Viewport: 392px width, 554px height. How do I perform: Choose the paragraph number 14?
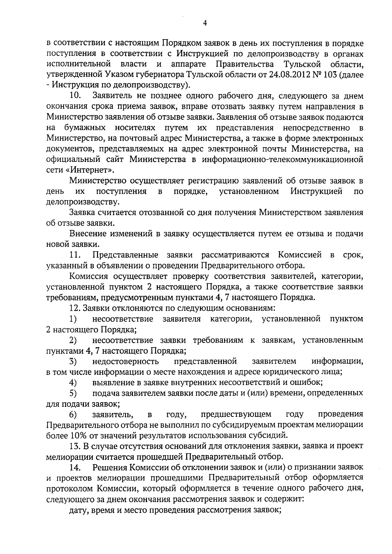75,467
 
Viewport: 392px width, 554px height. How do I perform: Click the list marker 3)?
73,361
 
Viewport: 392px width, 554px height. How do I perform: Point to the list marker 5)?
73,393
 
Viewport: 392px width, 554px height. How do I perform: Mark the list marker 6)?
73,414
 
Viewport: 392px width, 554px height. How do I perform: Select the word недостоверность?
126,361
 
